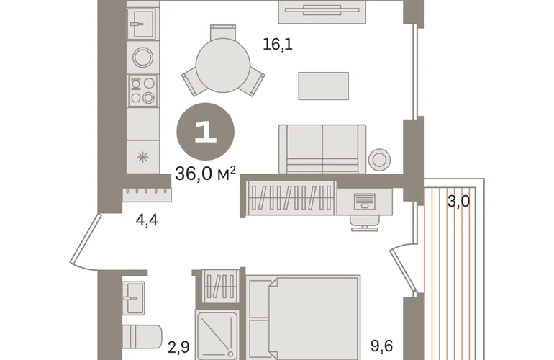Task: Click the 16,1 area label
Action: point(278,45)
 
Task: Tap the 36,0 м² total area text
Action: point(205,174)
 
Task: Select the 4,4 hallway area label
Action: point(147,220)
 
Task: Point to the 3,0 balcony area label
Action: point(458,202)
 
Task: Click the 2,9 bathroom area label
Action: point(178,347)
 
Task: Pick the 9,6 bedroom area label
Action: point(381,346)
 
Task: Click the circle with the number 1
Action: point(205,132)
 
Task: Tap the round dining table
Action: point(223,66)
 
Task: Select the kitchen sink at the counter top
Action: point(142,23)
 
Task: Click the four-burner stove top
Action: point(142,91)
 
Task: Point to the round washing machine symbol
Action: point(142,58)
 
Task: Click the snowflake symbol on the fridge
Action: point(142,157)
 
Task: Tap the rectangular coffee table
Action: point(323,86)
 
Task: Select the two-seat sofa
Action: point(322,149)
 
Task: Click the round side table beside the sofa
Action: point(379,159)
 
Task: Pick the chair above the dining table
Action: point(223,32)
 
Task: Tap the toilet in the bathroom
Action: point(142,336)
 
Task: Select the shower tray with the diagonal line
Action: point(217,336)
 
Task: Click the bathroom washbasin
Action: point(134,298)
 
